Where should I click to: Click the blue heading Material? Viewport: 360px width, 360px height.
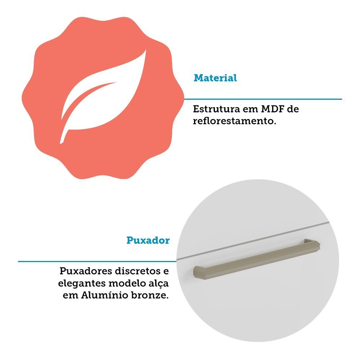point(215,78)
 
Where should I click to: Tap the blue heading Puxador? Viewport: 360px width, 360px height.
point(148,240)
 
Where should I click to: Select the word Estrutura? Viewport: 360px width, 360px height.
point(216,109)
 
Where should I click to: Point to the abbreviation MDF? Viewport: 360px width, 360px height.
point(272,109)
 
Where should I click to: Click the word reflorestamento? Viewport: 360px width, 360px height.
point(234,121)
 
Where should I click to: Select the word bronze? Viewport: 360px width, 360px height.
point(150,296)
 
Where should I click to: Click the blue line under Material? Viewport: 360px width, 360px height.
point(263,99)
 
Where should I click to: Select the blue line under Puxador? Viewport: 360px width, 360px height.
point(97,261)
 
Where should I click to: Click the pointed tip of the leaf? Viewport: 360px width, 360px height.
point(146,50)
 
